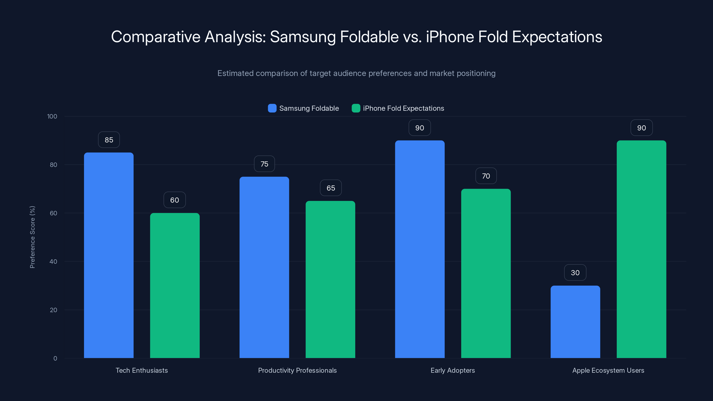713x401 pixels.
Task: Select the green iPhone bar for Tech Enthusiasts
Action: (x=175, y=285)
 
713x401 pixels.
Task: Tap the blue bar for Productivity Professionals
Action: (x=264, y=267)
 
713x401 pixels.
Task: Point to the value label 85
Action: (x=109, y=140)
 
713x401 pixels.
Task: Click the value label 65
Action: (x=331, y=188)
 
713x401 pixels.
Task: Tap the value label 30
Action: (x=575, y=273)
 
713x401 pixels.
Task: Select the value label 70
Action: (x=486, y=176)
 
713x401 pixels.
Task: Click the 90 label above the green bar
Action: (x=641, y=128)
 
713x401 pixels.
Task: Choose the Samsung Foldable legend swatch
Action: (x=272, y=108)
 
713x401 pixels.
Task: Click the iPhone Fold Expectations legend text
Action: (x=403, y=108)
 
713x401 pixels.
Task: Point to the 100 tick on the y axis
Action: (x=52, y=116)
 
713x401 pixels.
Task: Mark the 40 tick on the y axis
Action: (x=53, y=262)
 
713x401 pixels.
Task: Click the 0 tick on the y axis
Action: (x=55, y=358)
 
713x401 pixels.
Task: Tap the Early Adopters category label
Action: (x=453, y=370)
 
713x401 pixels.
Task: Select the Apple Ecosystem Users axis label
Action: (x=608, y=370)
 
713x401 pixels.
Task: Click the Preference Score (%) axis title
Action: (x=32, y=237)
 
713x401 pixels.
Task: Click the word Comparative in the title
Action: (x=156, y=37)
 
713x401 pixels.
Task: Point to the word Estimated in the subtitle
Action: (x=235, y=73)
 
